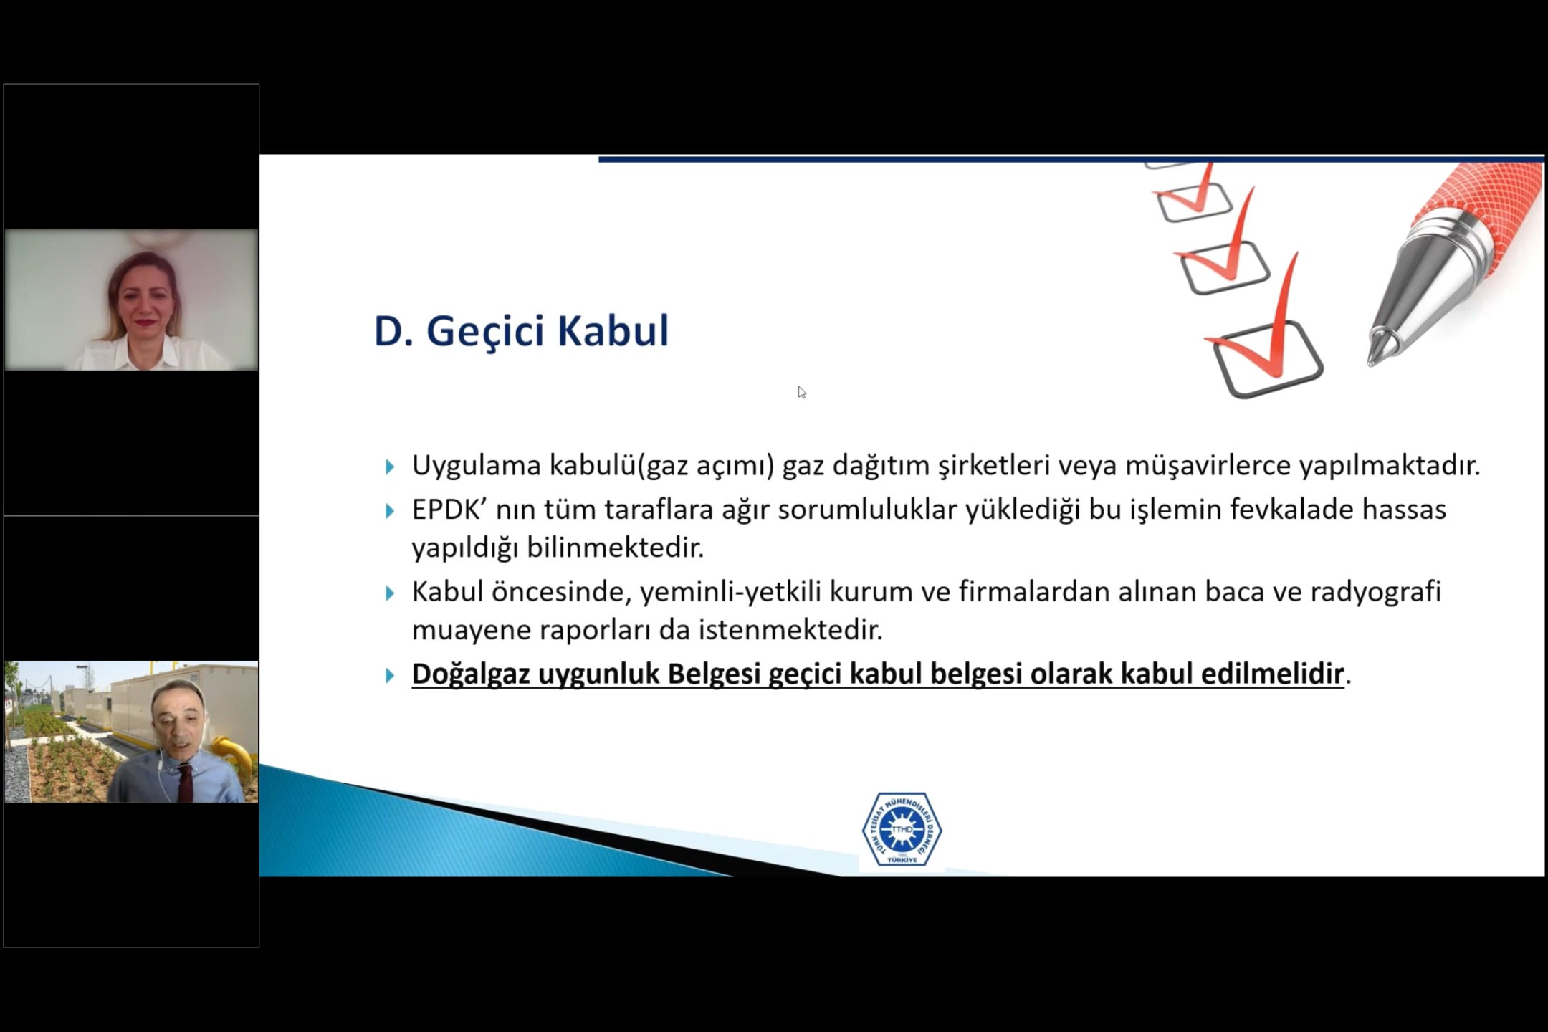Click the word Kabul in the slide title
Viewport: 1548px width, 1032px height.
pyautogui.click(x=613, y=331)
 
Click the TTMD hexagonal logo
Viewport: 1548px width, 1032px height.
pyautogui.click(x=902, y=829)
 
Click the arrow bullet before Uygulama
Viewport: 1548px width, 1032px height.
pyautogui.click(x=390, y=467)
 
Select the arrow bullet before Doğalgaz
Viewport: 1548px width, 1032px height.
pyautogui.click(x=390, y=675)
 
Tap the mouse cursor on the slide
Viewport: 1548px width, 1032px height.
pyautogui.click(x=801, y=392)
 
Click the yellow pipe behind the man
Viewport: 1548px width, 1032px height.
pyautogui.click(x=236, y=753)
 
